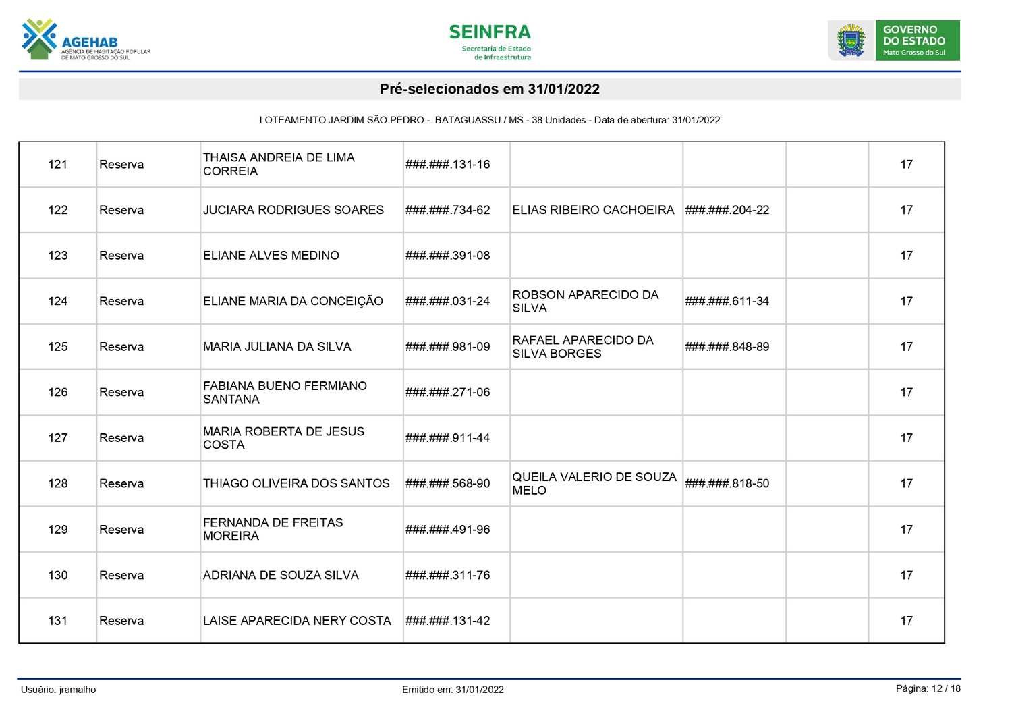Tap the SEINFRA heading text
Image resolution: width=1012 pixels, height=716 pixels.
(x=489, y=32)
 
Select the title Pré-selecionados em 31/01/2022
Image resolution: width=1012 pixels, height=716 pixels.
(x=489, y=89)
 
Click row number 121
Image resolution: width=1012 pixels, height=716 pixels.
(x=58, y=165)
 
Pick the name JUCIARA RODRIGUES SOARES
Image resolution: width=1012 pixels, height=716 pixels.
(x=293, y=210)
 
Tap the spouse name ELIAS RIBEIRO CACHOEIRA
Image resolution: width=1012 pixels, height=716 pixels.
(x=593, y=210)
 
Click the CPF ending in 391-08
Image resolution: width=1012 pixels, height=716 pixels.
(x=448, y=256)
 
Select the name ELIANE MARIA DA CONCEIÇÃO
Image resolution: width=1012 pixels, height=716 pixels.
(x=293, y=301)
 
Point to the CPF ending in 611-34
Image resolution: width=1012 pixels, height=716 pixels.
(x=727, y=301)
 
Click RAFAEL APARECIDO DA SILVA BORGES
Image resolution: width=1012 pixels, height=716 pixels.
(x=583, y=347)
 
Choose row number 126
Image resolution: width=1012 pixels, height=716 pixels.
(x=58, y=392)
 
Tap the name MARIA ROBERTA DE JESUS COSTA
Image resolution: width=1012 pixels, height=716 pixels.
(x=283, y=438)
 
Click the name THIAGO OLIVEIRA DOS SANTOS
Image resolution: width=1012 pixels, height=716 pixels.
(x=296, y=483)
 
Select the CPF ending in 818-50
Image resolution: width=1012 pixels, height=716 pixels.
(x=727, y=483)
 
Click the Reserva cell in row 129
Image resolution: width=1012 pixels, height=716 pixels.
(x=121, y=530)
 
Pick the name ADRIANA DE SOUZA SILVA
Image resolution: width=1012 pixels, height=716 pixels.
(x=281, y=575)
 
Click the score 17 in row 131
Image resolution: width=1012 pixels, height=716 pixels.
(x=906, y=621)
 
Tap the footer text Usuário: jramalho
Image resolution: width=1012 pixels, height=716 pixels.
(x=59, y=690)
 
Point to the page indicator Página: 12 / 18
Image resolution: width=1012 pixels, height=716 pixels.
(x=928, y=688)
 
